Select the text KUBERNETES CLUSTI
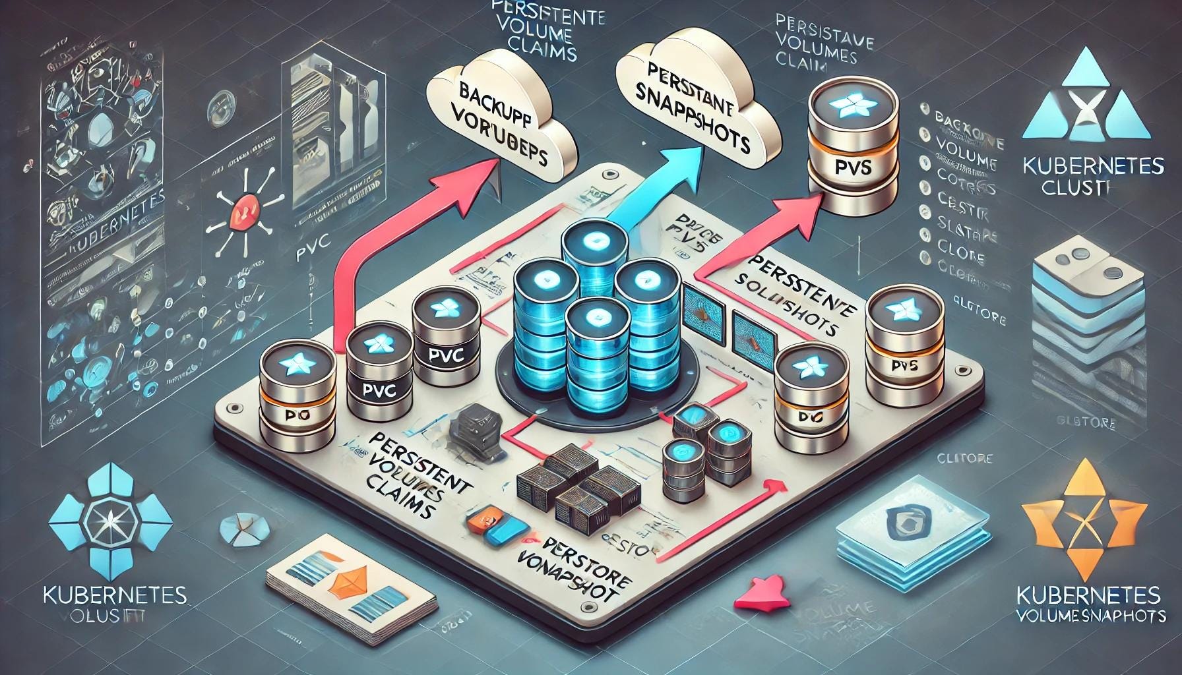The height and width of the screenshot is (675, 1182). coord(1092,175)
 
